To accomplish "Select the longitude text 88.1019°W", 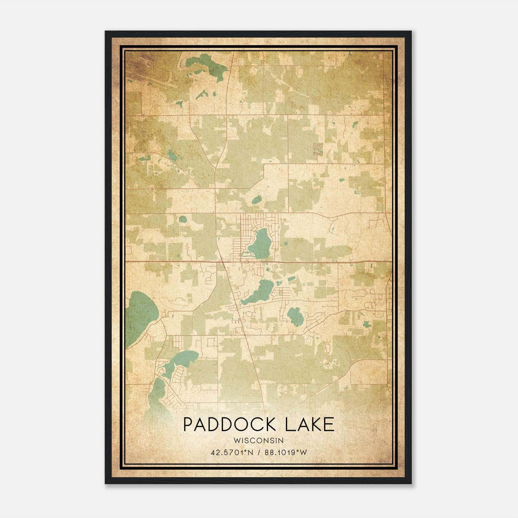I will (286, 452).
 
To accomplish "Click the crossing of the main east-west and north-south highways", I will (221, 261).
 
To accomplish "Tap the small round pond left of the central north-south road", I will (183, 219).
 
